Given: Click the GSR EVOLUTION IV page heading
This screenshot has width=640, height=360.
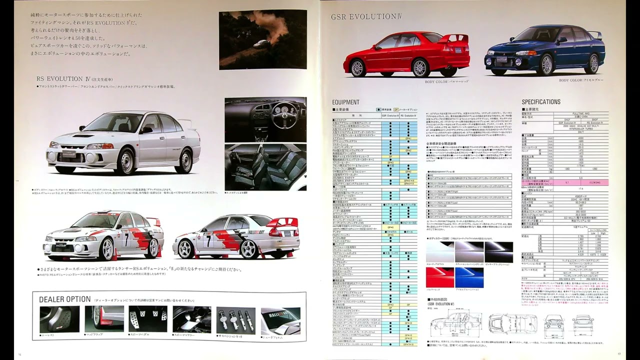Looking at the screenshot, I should (366, 16).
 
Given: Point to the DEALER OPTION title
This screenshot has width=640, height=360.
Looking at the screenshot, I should (65, 299).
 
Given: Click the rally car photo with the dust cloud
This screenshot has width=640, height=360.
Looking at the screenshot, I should (262, 39).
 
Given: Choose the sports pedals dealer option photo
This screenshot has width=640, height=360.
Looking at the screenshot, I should (147, 319).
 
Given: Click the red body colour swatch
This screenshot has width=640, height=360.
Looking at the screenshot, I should (440, 277).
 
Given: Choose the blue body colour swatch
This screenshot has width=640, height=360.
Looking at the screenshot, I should (469, 277).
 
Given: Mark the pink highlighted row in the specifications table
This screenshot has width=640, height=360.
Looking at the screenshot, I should (565, 183).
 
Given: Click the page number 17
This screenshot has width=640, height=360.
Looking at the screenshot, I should (618, 354).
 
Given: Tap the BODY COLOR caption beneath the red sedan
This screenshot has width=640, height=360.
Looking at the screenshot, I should (446, 81).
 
